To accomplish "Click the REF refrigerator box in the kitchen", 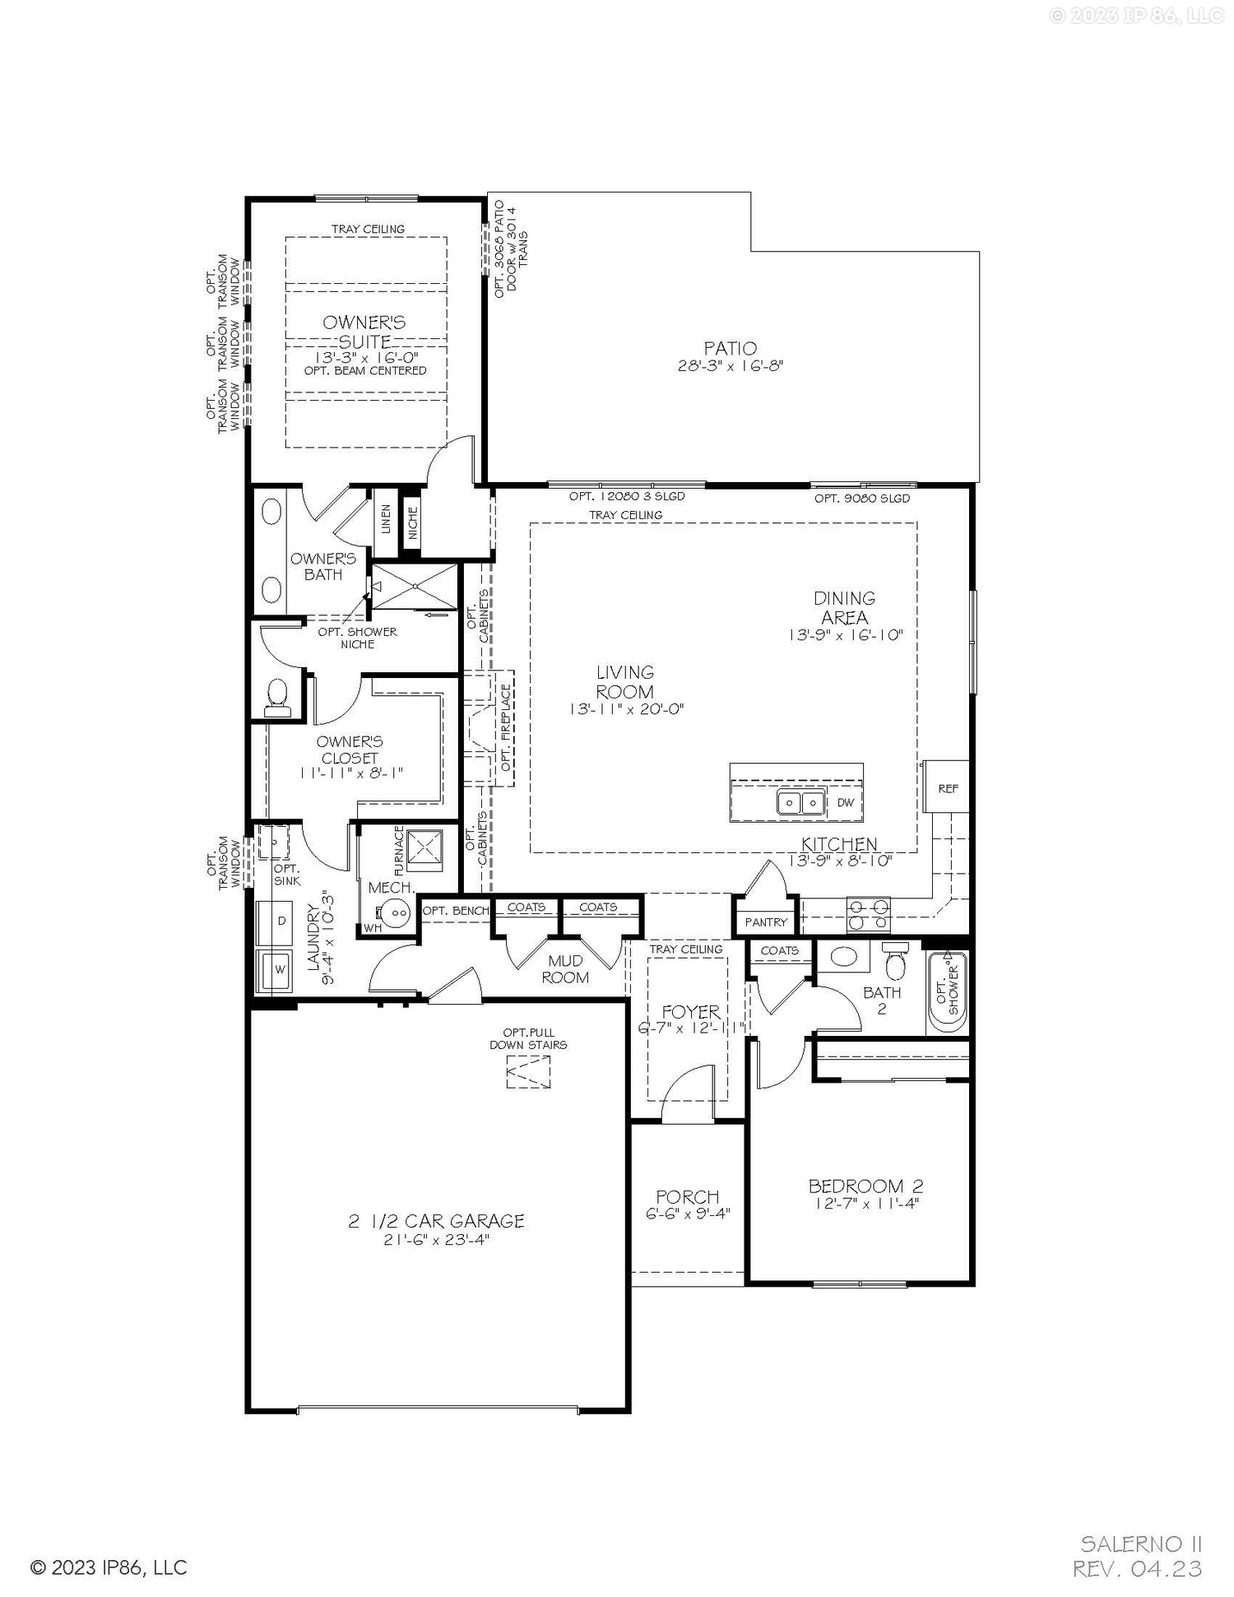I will tap(947, 787).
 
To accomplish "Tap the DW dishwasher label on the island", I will tap(845, 802).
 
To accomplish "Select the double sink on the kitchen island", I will tap(800, 802).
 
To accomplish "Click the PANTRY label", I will tap(766, 922).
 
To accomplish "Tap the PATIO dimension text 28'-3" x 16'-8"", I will tap(730, 366).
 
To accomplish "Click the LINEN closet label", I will tap(386, 520).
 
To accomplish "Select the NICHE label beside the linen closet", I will tap(412, 522).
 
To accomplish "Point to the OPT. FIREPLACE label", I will tap(506, 729).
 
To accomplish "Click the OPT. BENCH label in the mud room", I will tap(455, 910).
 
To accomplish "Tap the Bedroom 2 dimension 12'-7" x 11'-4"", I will tap(865, 1203).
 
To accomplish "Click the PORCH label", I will tap(687, 1196).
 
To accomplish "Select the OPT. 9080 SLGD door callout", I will tap(862, 498).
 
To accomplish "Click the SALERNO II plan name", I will tap(1141, 1542).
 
